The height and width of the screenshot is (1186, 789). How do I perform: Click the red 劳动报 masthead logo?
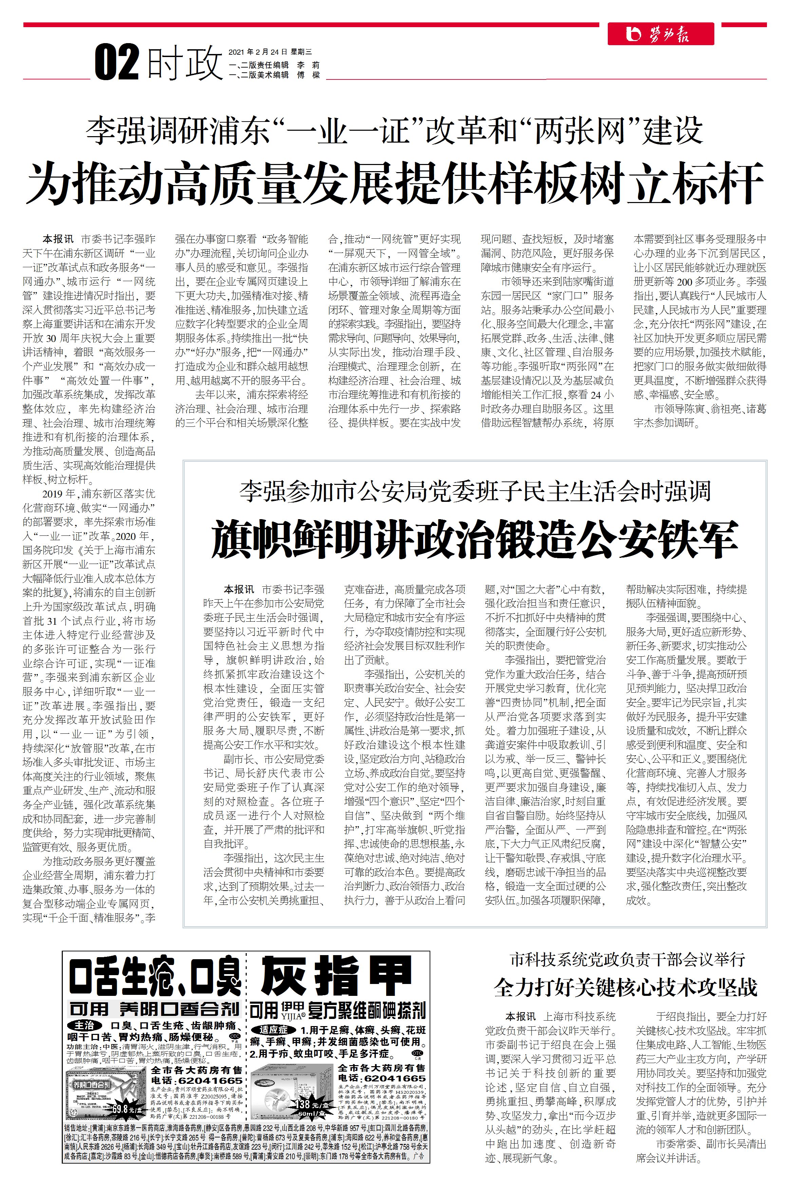[660, 34]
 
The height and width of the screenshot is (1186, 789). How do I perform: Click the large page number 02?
[117, 63]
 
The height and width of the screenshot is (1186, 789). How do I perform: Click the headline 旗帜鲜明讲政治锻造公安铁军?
[474, 540]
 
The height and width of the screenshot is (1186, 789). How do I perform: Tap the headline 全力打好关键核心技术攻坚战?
[625, 987]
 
